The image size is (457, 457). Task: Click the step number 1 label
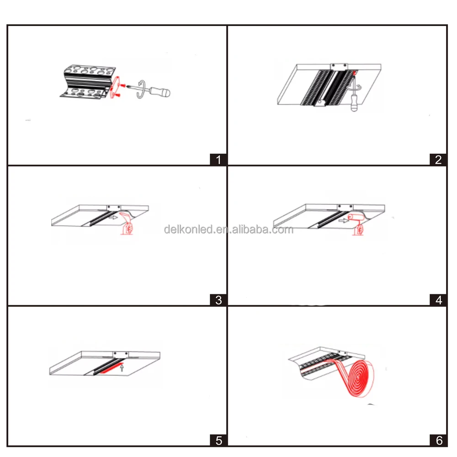click(218, 159)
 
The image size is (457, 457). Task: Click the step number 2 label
click(438, 159)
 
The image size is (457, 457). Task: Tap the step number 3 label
click(218, 300)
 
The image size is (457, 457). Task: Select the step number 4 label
click(438, 300)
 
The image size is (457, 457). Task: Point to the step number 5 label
click(218, 440)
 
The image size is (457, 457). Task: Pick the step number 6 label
click(438, 440)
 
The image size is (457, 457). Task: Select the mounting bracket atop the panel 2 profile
click(337, 67)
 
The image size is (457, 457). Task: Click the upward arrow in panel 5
click(122, 367)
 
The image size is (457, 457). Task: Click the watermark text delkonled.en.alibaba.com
click(228, 229)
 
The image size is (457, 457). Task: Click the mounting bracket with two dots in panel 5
click(121, 354)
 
